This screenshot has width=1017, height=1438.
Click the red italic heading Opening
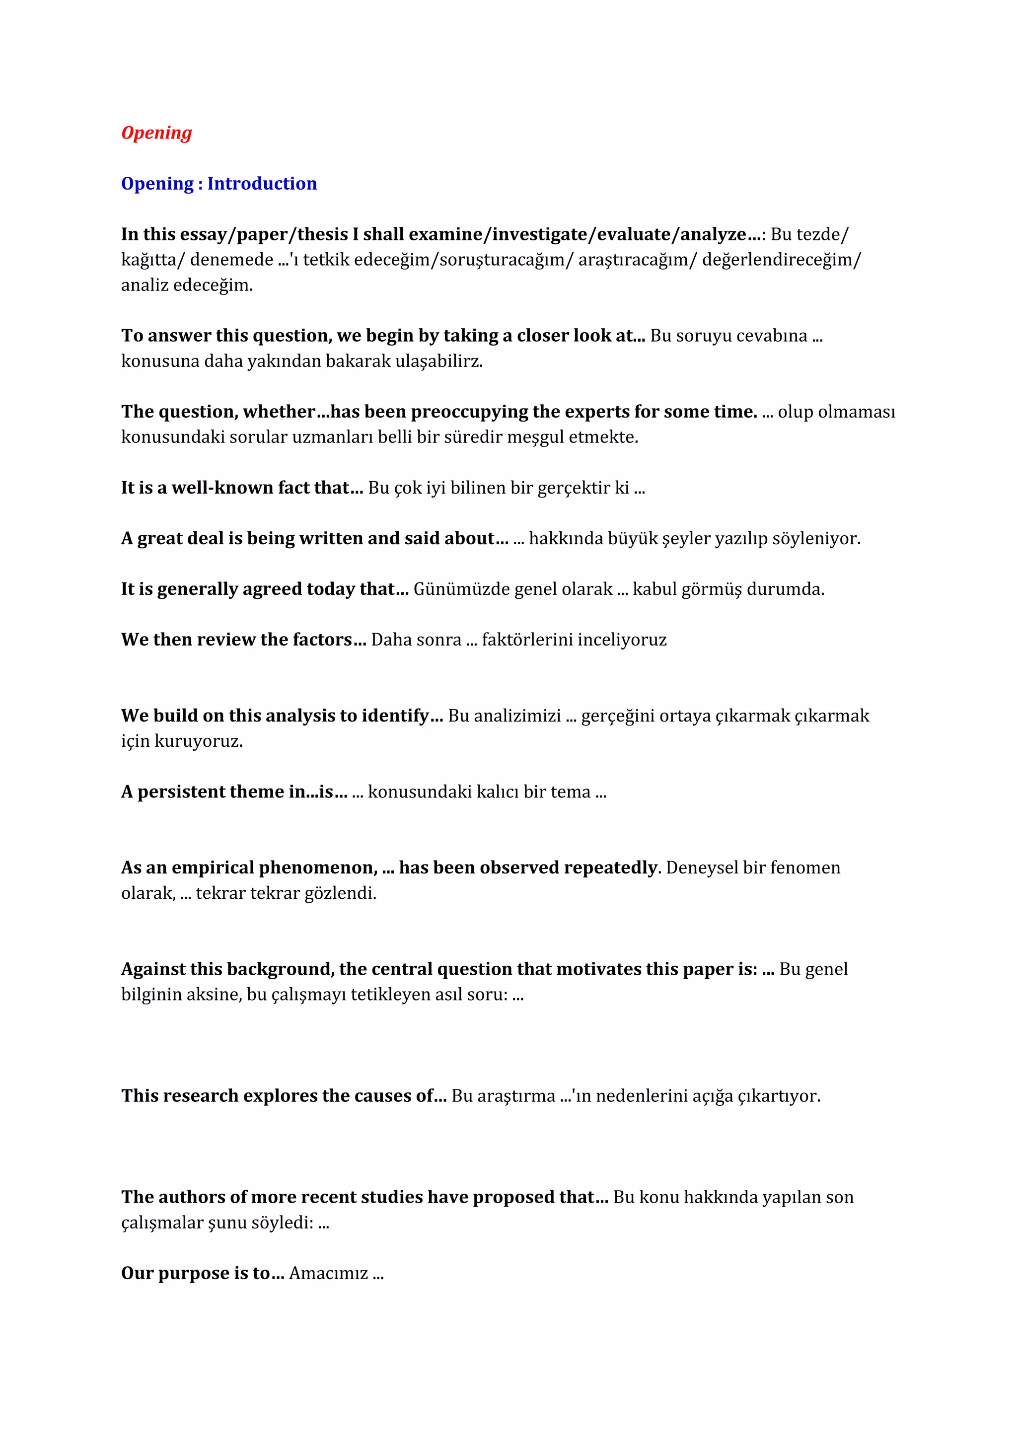coord(156,133)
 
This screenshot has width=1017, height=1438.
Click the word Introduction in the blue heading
coord(262,184)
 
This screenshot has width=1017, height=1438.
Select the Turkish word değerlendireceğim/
coord(781,260)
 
